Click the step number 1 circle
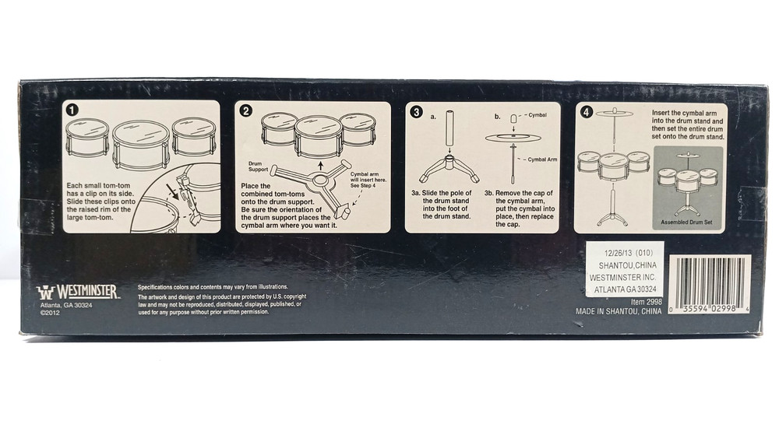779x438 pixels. [72, 110]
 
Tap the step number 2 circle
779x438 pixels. [246, 110]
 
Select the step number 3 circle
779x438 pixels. [416, 112]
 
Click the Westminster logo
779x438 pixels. [77, 292]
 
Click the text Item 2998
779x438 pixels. [647, 302]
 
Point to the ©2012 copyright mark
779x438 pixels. [50, 313]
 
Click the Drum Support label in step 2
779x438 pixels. [258, 166]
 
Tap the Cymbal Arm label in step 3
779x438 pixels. [542, 159]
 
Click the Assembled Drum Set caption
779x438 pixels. [686, 223]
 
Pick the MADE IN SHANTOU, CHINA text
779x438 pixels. [619, 311]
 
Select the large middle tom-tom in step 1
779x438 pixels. [140, 144]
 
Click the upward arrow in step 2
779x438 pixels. [321, 165]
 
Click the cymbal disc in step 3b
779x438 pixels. [513, 138]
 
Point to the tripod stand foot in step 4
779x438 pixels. [612, 216]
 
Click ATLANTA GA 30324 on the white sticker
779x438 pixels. [625, 289]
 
